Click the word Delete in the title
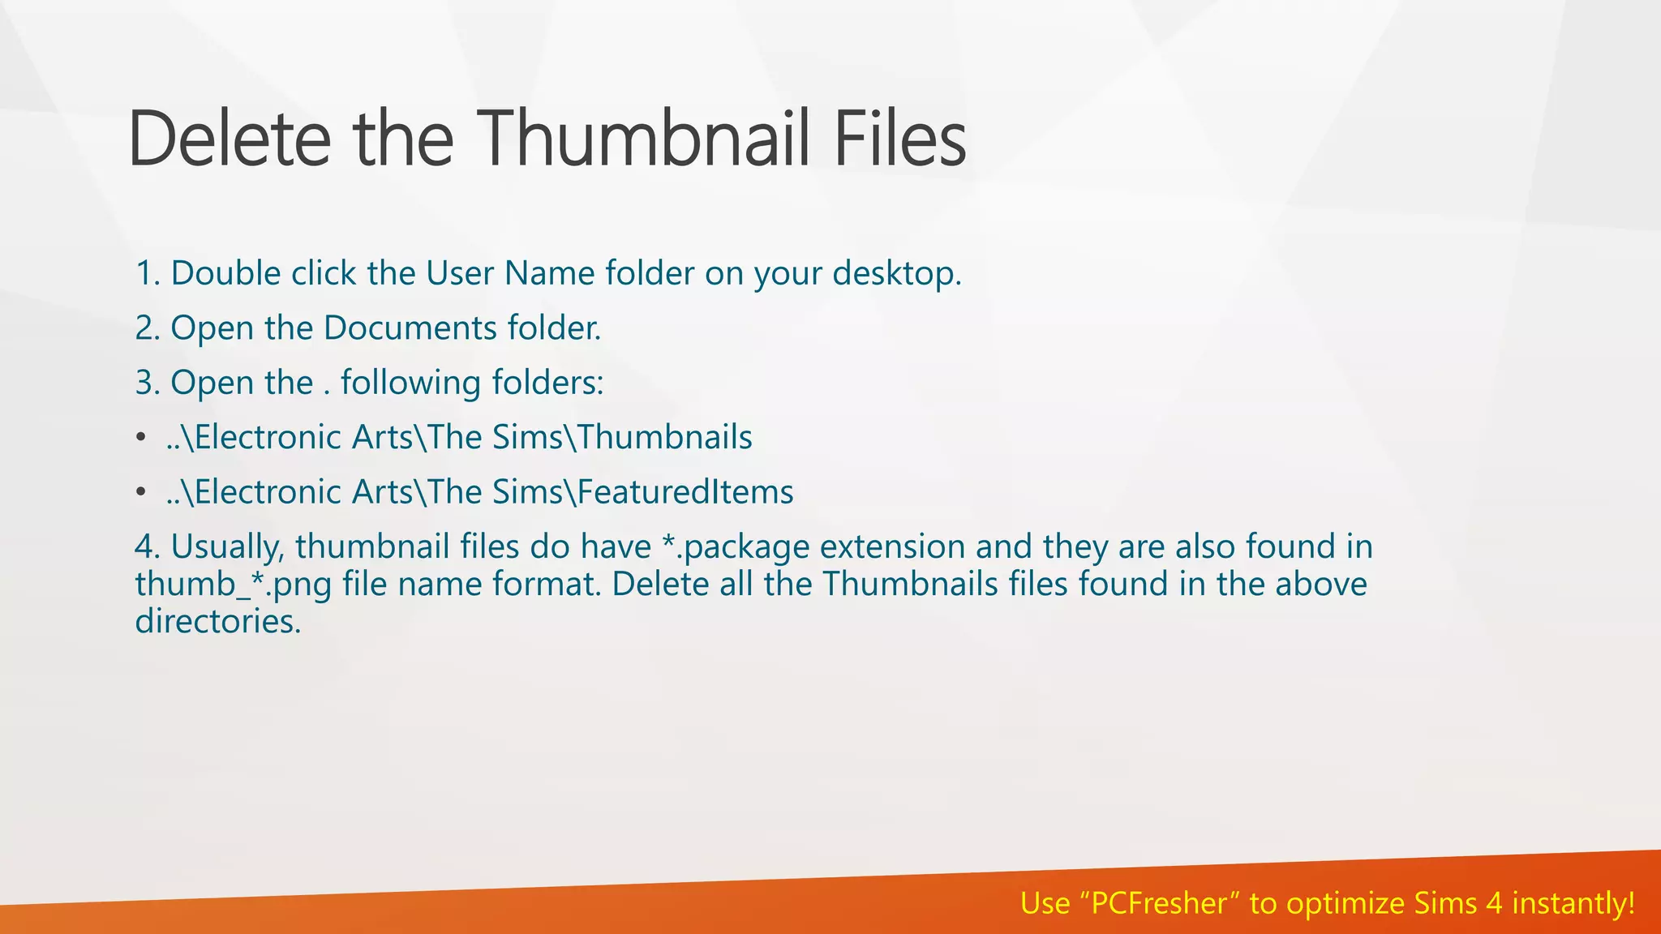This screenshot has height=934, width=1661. pos(230,139)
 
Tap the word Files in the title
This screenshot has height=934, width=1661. pos(899,139)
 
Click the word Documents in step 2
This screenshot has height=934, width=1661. pos(410,328)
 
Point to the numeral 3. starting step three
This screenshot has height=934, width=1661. pos(148,383)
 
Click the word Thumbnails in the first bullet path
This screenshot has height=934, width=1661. pos(665,438)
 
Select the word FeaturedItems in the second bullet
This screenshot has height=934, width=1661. pos(685,492)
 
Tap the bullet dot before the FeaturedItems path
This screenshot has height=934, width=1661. pos(141,492)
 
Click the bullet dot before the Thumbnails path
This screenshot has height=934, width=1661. pos(141,438)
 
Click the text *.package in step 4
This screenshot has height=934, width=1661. pos(735,547)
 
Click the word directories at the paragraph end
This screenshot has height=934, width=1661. pos(217,622)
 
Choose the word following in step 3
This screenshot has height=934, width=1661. pos(410,383)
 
